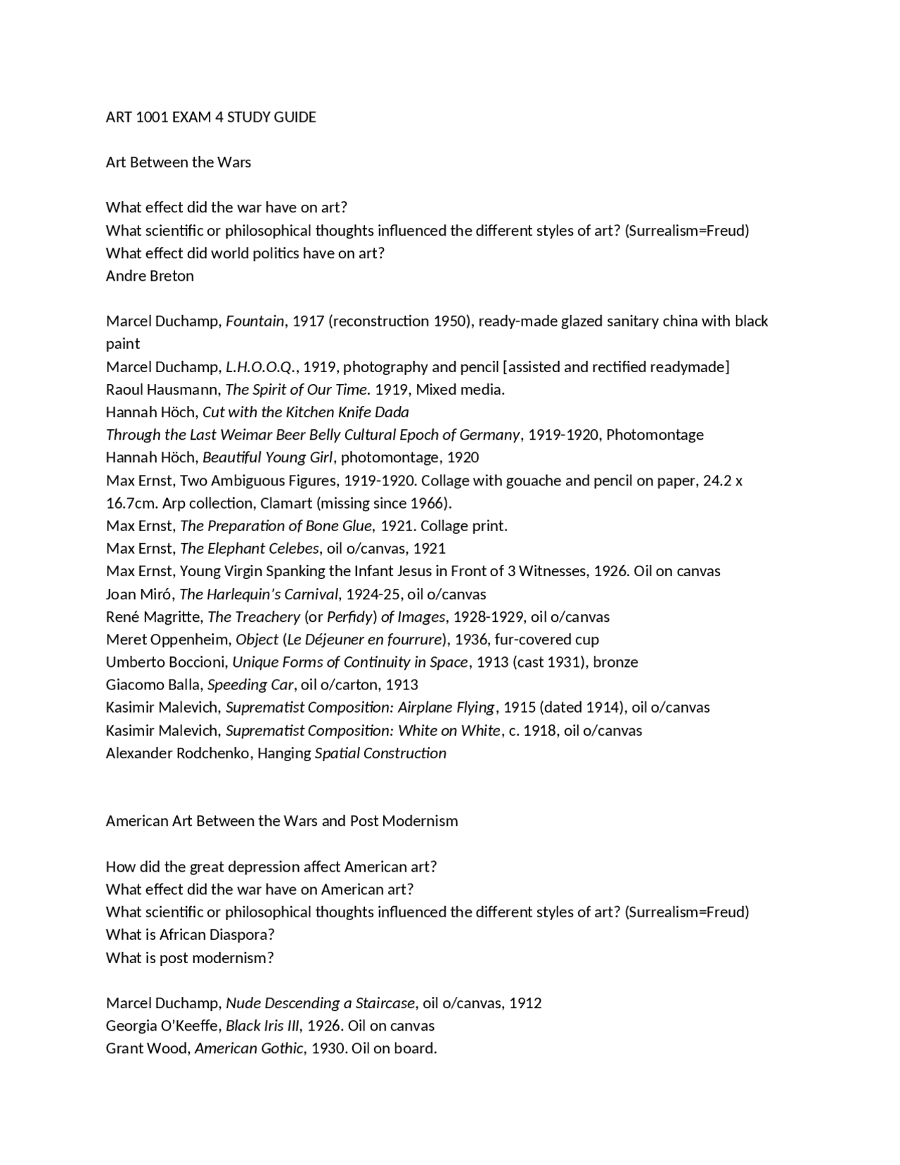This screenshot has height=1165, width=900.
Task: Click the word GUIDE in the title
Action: [x=295, y=117]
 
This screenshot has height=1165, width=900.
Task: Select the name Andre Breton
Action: [x=150, y=276]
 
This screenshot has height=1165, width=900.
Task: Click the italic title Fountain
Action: [x=255, y=322]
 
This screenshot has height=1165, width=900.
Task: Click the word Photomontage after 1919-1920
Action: [x=655, y=435]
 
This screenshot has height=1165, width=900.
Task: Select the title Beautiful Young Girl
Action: [x=268, y=457]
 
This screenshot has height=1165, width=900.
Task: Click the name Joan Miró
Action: [x=139, y=594]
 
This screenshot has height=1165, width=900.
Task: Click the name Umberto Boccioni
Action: [x=166, y=662]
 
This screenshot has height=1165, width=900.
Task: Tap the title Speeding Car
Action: [x=250, y=685]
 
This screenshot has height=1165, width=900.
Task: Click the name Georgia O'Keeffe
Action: [x=162, y=1026]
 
